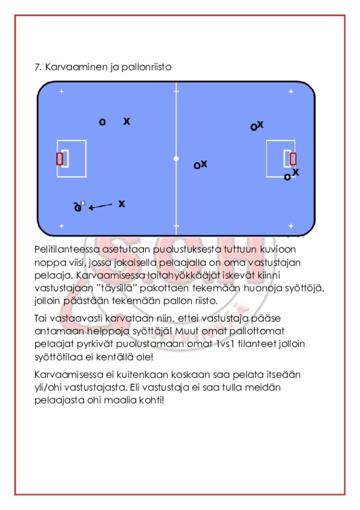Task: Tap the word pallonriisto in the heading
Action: (147, 67)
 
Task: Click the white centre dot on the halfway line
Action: (176, 159)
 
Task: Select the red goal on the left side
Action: (59, 159)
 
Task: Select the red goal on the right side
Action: (293, 159)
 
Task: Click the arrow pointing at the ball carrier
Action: (101, 206)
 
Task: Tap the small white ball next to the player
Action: (83, 203)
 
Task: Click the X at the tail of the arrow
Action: (122, 204)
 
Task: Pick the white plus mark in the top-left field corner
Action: (61, 91)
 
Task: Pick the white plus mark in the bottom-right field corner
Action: (291, 226)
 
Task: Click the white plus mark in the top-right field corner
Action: (291, 91)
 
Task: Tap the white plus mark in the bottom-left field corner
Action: (61, 226)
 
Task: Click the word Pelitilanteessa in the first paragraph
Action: (67, 249)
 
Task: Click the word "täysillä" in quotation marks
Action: (114, 288)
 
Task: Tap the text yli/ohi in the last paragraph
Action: (48, 388)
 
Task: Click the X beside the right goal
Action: (295, 172)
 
